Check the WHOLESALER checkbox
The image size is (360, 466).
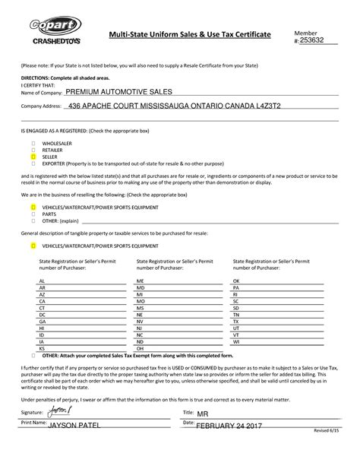(x=33, y=141)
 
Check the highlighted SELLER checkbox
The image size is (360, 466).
(x=33, y=156)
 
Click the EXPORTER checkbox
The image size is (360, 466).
(x=33, y=163)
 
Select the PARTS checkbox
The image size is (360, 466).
(x=33, y=214)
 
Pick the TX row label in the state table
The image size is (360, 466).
(x=236, y=321)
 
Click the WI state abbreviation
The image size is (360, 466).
(x=236, y=341)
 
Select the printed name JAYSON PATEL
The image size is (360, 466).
(x=74, y=426)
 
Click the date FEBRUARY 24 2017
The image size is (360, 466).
(x=229, y=425)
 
